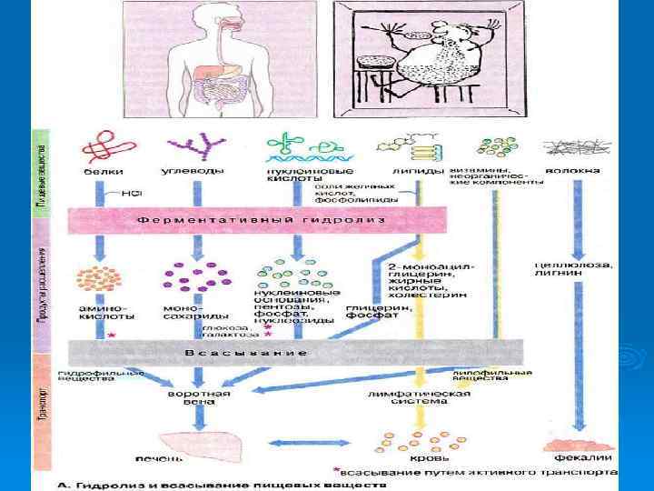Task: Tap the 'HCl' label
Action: [x=133, y=194]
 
